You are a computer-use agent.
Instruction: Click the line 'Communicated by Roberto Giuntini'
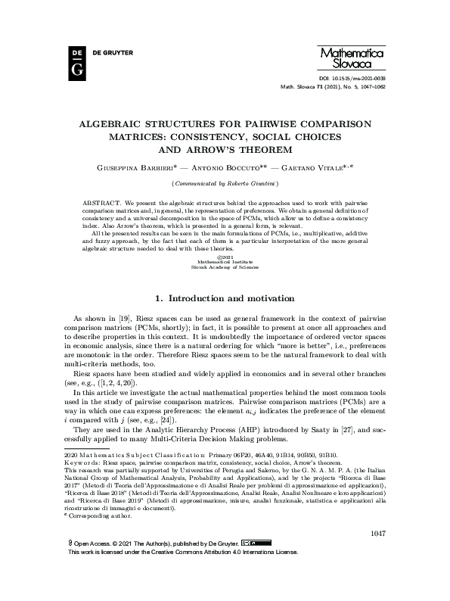(225, 182)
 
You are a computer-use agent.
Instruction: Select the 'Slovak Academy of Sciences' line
(225, 266)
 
